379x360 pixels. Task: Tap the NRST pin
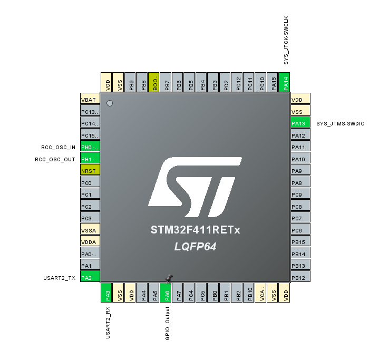click(x=90, y=171)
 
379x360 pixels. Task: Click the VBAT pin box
click(x=90, y=100)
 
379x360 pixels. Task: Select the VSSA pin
click(x=90, y=230)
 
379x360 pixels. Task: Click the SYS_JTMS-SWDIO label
click(x=341, y=124)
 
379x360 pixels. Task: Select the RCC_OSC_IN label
click(x=59, y=148)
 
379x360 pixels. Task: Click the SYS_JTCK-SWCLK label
click(x=286, y=40)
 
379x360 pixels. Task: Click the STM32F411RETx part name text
click(x=195, y=230)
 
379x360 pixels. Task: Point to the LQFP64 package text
click(x=195, y=247)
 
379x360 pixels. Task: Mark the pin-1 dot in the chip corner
click(x=110, y=103)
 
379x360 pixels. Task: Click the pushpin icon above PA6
click(x=169, y=278)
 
